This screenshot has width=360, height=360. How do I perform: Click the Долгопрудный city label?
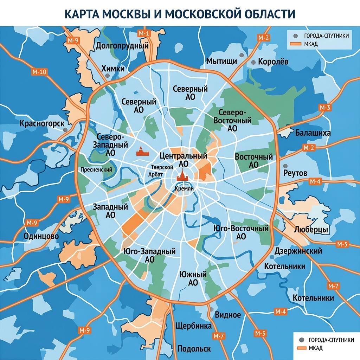pyautogui.click(x=122, y=46)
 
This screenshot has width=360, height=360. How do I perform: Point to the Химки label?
pyautogui.click(x=113, y=69)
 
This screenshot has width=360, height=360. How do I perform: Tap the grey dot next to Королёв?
pyautogui.click(x=253, y=62)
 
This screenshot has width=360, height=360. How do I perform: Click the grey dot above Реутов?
pyautogui.click(x=285, y=166)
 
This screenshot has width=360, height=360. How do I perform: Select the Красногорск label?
pyautogui.click(x=42, y=124)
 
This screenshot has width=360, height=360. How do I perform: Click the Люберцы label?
pyautogui.click(x=311, y=230)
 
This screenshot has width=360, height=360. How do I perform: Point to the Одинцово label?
pyautogui.click(x=41, y=236)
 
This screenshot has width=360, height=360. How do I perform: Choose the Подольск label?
pyautogui.click(x=194, y=349)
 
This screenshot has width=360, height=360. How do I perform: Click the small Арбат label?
pyautogui.click(x=155, y=174)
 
